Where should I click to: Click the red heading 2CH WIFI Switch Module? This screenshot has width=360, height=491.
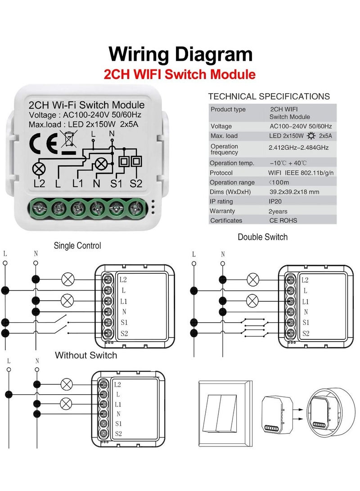point(180,74)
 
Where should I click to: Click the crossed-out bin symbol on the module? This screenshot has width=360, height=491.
point(68,139)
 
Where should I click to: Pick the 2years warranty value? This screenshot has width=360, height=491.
point(278,211)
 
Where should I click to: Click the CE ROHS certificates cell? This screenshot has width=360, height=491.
point(283,220)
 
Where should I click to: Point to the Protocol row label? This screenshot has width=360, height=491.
point(221,172)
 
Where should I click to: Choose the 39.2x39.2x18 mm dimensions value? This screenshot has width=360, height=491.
point(294,192)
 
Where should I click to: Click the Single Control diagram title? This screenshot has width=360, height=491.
point(77,246)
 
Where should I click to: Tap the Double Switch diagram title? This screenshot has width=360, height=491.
point(262,237)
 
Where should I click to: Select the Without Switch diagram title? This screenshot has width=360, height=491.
point(86,355)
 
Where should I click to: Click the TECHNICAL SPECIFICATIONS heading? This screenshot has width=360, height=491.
point(269,96)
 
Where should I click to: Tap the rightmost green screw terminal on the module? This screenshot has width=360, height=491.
point(136,208)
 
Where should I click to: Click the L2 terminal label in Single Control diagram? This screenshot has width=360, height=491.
point(123,279)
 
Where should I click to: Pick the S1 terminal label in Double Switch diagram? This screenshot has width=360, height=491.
point(306,323)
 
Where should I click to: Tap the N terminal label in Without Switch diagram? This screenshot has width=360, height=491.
point(118,414)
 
